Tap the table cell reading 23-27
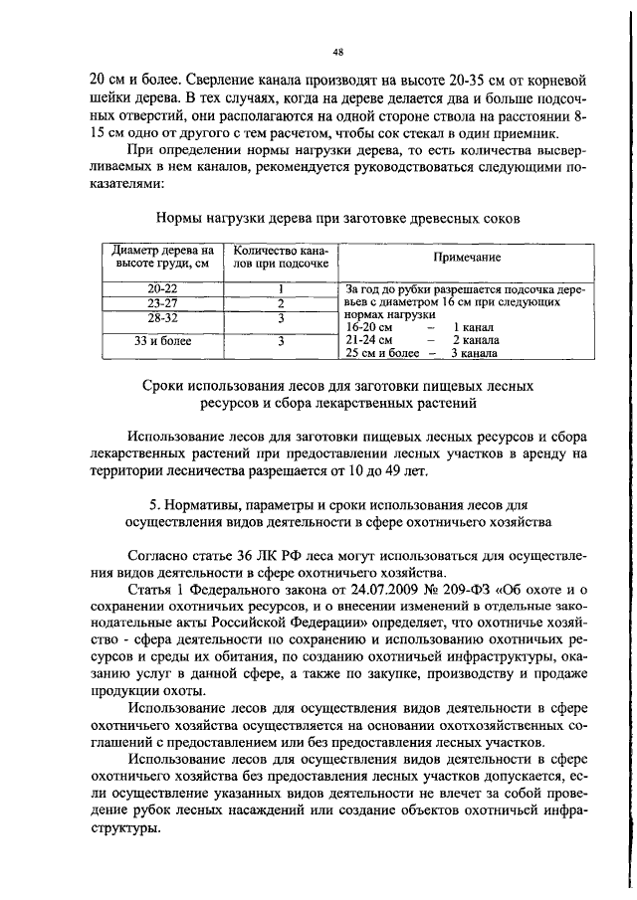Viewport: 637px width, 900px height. point(161,303)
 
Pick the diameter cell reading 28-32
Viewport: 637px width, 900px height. point(161,318)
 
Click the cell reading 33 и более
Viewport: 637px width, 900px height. point(161,340)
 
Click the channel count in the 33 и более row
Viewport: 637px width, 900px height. point(282,340)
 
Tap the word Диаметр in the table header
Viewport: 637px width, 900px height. point(135,251)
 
